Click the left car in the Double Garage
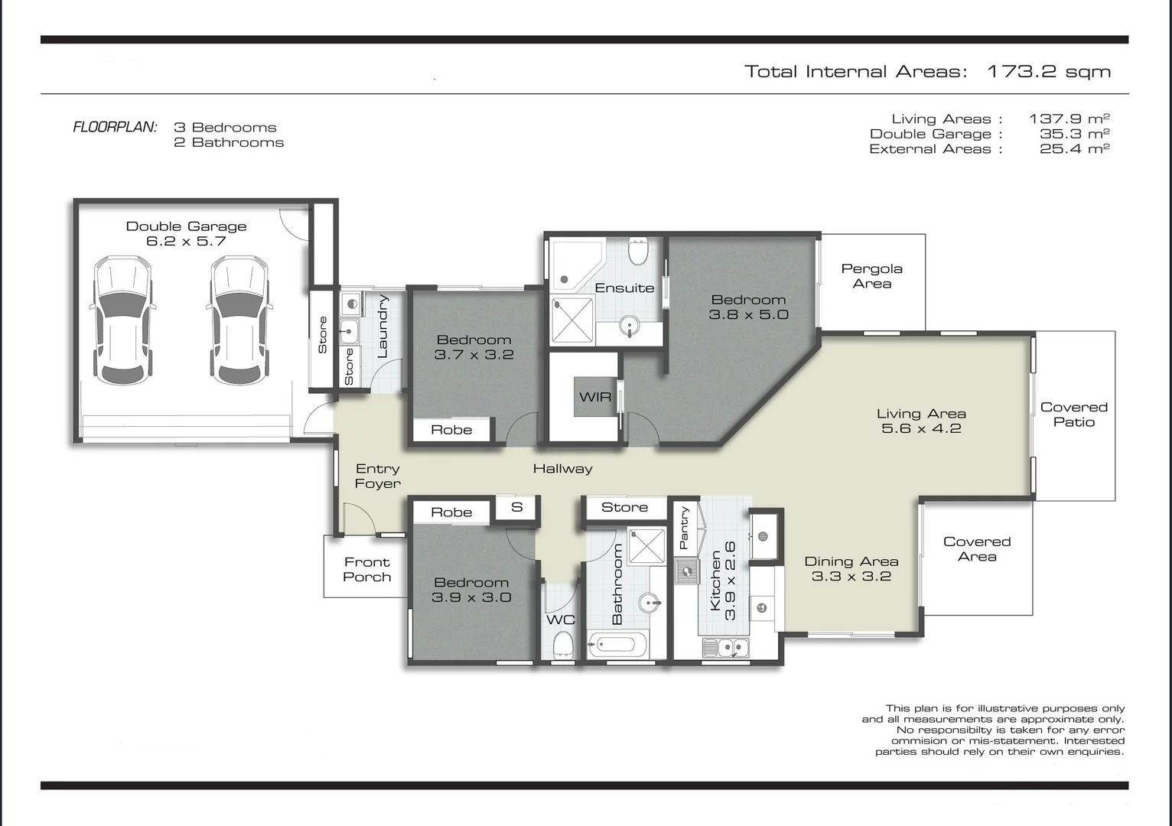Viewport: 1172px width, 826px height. [x=122, y=320]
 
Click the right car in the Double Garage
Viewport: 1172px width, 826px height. [x=239, y=320]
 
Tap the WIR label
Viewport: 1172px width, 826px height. [x=595, y=397]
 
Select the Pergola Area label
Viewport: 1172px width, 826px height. [x=871, y=276]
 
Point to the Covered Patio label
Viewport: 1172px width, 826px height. [x=1073, y=415]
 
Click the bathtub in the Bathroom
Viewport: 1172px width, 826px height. [x=618, y=645]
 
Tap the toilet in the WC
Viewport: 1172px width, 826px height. [x=563, y=645]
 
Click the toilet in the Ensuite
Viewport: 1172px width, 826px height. [x=637, y=249]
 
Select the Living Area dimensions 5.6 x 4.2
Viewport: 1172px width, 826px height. [x=921, y=429]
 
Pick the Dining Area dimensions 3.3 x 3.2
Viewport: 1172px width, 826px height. [x=851, y=577]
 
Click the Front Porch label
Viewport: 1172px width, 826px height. [x=366, y=570]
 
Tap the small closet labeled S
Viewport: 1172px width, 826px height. [x=517, y=507]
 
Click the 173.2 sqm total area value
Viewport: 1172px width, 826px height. [x=1048, y=72]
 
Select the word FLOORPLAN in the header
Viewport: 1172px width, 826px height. [x=115, y=128]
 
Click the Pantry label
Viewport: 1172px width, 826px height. [x=684, y=528]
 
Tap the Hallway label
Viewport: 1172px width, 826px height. [x=562, y=469]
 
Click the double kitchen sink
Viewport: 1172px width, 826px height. [x=725, y=649]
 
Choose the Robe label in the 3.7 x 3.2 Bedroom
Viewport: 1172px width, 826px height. [x=451, y=430]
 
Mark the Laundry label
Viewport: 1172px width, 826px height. [x=383, y=327]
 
